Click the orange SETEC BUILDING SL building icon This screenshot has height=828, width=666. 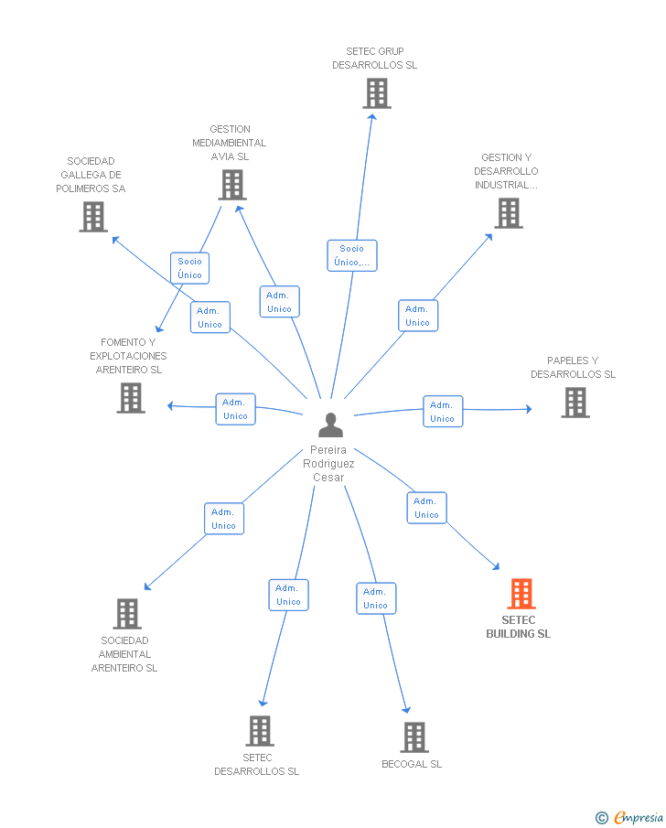point(521,594)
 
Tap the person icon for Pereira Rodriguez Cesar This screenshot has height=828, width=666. point(330,425)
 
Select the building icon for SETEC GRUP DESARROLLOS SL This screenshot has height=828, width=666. point(377,93)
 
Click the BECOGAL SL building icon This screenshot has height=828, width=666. point(414,737)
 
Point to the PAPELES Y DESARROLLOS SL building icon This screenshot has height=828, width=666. point(575,403)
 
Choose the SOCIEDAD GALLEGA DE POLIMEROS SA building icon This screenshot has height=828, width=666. point(93,217)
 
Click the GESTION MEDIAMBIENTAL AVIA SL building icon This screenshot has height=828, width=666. point(232,185)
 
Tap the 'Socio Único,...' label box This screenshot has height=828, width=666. point(351,255)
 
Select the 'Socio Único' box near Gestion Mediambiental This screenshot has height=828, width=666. point(189,268)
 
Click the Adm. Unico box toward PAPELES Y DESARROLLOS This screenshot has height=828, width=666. point(443,412)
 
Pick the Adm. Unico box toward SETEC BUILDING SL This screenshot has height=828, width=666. point(426,508)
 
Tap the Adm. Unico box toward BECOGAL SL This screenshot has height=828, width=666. point(375,598)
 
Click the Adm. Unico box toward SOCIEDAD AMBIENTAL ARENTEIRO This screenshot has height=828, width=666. point(224,519)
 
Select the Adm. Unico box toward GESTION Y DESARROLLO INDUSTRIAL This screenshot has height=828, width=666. point(418,316)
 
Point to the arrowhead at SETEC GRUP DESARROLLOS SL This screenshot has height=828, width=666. point(372,117)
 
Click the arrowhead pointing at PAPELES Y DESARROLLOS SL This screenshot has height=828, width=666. point(529,409)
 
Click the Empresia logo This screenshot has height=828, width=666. point(629,817)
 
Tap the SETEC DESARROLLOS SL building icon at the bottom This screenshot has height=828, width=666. point(261,731)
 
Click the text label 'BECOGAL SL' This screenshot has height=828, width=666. point(412,764)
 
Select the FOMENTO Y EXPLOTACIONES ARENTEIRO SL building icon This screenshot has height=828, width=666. point(131,398)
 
